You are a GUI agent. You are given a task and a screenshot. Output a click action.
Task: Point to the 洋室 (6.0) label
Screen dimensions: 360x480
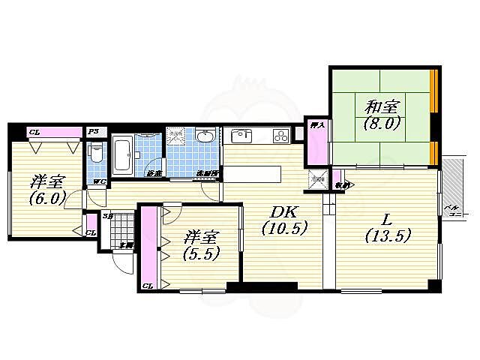[x=45, y=190]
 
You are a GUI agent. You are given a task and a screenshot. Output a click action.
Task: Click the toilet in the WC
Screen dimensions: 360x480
[x=94, y=154]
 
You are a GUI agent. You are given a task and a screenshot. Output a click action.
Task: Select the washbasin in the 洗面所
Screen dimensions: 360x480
[x=205, y=137]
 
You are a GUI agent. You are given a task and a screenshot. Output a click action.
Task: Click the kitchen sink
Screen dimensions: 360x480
[x=241, y=136]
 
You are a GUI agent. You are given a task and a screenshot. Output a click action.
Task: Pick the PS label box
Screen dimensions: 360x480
[x=94, y=132]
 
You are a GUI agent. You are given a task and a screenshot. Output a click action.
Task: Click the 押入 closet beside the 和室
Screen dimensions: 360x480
[x=316, y=142]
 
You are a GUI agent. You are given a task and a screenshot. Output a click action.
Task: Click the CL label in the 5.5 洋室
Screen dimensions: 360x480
[x=147, y=285]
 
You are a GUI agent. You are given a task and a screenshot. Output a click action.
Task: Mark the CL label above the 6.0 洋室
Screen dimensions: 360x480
[x=34, y=133]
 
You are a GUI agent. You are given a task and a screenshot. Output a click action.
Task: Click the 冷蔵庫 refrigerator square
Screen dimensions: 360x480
[x=317, y=178]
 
